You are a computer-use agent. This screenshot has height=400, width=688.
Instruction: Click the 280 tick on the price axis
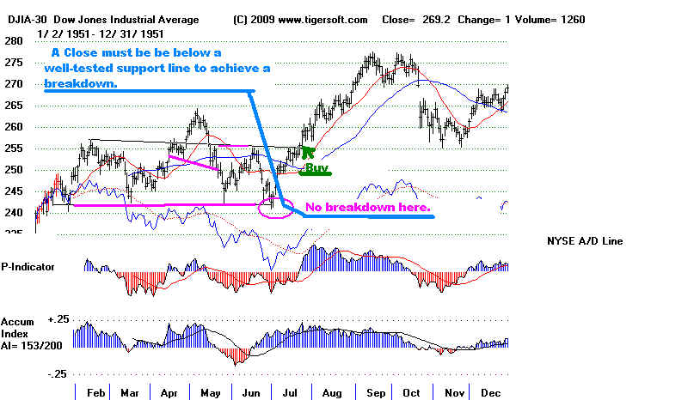click(x=13, y=41)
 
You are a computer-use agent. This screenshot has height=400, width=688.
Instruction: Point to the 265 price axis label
click(x=13, y=106)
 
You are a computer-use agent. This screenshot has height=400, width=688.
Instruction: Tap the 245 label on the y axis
click(x=13, y=191)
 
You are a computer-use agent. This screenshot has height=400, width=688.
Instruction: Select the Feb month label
click(x=95, y=391)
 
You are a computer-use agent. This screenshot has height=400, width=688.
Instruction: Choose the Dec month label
click(x=491, y=391)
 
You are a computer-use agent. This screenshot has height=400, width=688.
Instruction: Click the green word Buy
click(x=317, y=168)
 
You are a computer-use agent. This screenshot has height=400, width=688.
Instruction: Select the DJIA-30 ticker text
click(x=21, y=20)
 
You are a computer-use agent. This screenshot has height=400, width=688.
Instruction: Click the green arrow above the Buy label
click(x=308, y=154)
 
